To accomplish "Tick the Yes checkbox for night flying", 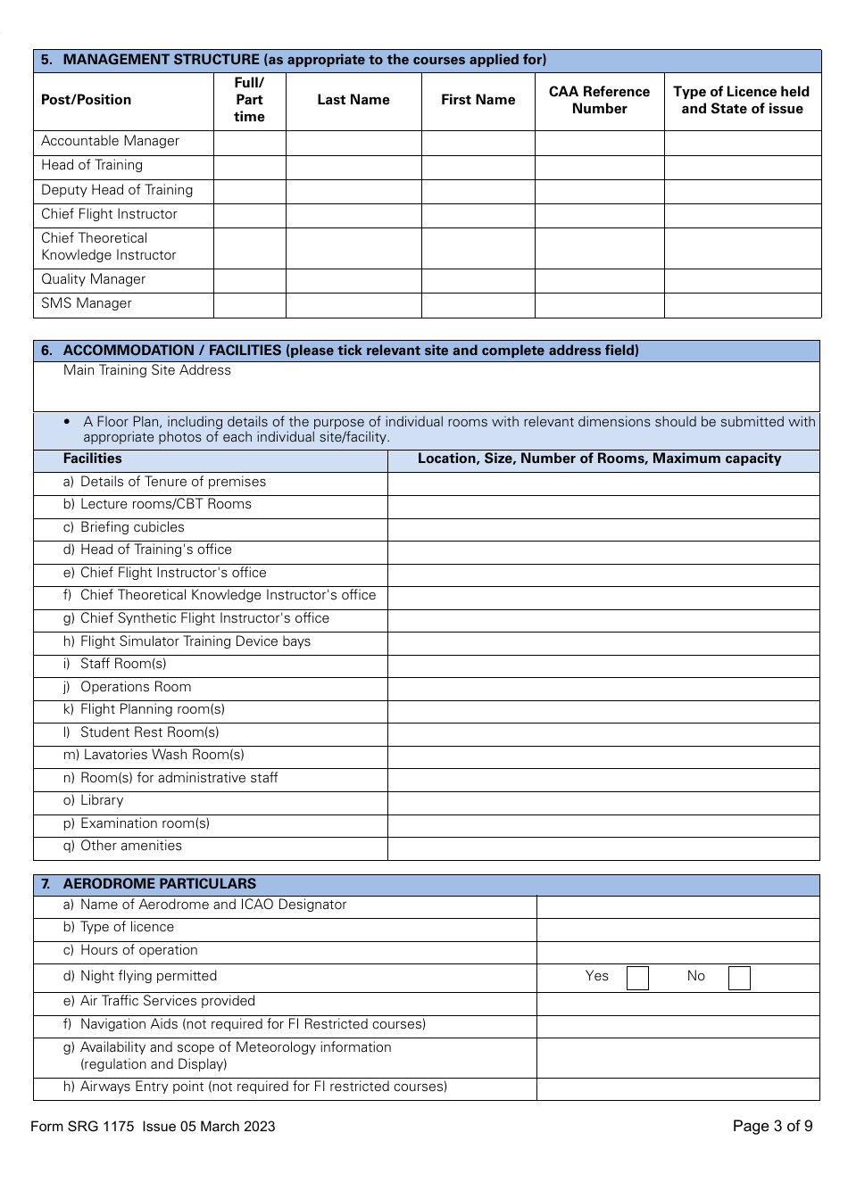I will (x=637, y=978).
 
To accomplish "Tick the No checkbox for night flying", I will (x=739, y=978).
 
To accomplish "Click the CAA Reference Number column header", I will (x=599, y=100).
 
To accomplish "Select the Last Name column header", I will (x=353, y=100).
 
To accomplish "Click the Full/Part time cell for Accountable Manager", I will (x=249, y=142).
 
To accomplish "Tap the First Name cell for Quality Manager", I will (x=478, y=280).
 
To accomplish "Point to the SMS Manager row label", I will (x=87, y=303).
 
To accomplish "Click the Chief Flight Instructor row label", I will (x=109, y=214).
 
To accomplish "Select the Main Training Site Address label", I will (x=147, y=370).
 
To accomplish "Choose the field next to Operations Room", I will (x=603, y=688).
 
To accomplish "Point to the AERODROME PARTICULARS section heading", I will (x=159, y=884).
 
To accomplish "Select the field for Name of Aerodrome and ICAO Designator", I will (x=678, y=905).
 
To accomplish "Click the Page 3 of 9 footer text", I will (x=772, y=1126).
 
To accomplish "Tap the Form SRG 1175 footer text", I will (x=153, y=1127).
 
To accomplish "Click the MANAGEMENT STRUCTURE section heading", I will (x=303, y=60).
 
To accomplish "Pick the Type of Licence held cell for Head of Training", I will (x=742, y=167).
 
